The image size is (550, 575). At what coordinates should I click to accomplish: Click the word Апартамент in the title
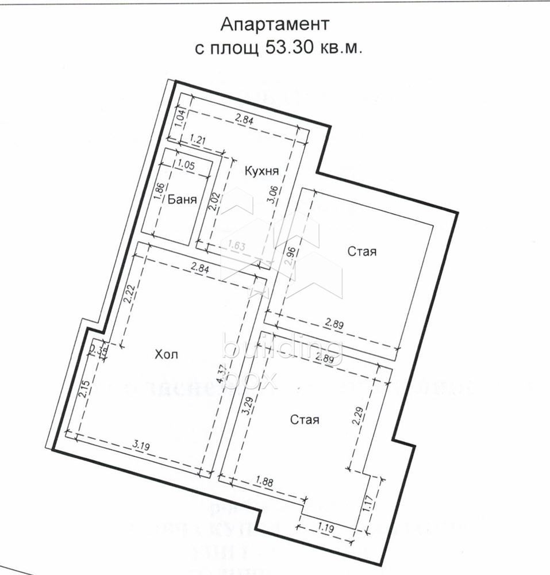[x=275, y=25]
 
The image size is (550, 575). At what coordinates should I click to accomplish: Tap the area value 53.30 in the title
[x=289, y=48]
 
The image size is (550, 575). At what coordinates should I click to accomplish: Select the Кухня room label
[x=261, y=171]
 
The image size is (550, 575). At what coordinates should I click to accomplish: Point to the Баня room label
[x=183, y=200]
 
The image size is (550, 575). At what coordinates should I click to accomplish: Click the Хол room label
[x=166, y=354]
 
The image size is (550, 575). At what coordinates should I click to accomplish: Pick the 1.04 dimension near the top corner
[x=180, y=118]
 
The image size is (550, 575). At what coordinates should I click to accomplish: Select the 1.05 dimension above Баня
[x=186, y=164]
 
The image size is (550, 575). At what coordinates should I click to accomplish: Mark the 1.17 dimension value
[x=368, y=504]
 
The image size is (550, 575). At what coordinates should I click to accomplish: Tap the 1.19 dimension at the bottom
[x=326, y=527]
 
